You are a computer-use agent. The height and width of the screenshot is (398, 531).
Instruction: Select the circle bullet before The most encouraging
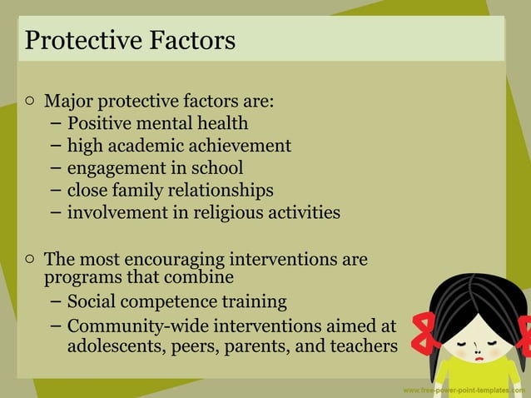click(x=30, y=259)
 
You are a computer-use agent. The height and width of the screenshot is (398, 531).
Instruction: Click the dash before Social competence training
click(x=55, y=301)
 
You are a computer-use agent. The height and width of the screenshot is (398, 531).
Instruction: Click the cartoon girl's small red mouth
click(x=479, y=354)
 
